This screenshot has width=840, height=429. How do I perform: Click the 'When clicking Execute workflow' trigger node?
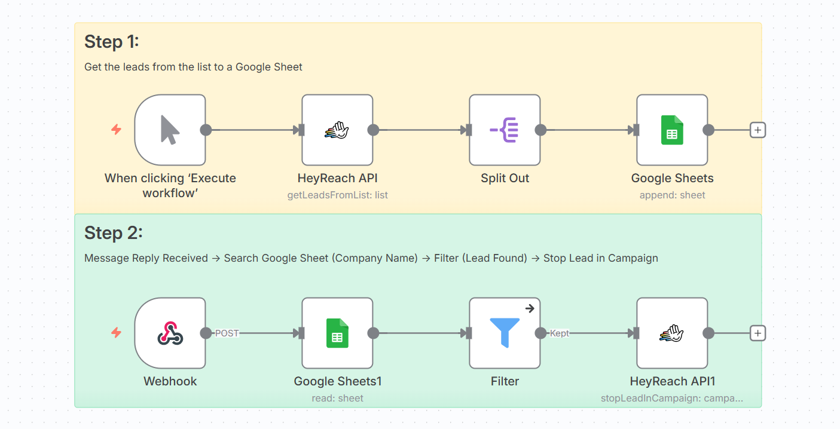(170, 130)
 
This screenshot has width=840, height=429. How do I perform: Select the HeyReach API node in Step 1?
(337, 130)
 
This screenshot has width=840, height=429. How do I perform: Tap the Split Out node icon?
(505, 130)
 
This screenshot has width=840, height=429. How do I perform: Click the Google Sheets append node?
(672, 130)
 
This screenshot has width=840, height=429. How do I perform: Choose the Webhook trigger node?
(170, 333)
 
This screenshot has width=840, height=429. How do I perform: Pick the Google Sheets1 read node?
(337, 333)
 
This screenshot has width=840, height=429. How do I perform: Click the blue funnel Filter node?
(505, 333)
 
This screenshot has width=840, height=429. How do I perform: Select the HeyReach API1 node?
(672, 333)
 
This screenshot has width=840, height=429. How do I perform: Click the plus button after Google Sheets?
(757, 130)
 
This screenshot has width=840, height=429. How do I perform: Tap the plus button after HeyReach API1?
(757, 333)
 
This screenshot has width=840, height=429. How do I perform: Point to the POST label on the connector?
(227, 333)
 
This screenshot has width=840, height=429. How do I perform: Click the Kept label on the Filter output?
(560, 333)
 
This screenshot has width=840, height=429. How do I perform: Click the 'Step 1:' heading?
(112, 42)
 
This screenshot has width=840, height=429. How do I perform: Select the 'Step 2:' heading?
(114, 232)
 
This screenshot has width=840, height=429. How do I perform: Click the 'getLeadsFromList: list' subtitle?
(338, 195)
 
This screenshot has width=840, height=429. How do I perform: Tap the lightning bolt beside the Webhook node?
(117, 333)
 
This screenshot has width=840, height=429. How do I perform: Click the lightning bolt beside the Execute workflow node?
(117, 129)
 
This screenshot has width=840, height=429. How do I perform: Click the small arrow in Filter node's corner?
(529, 308)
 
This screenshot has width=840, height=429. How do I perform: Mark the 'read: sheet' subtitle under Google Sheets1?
(338, 398)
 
